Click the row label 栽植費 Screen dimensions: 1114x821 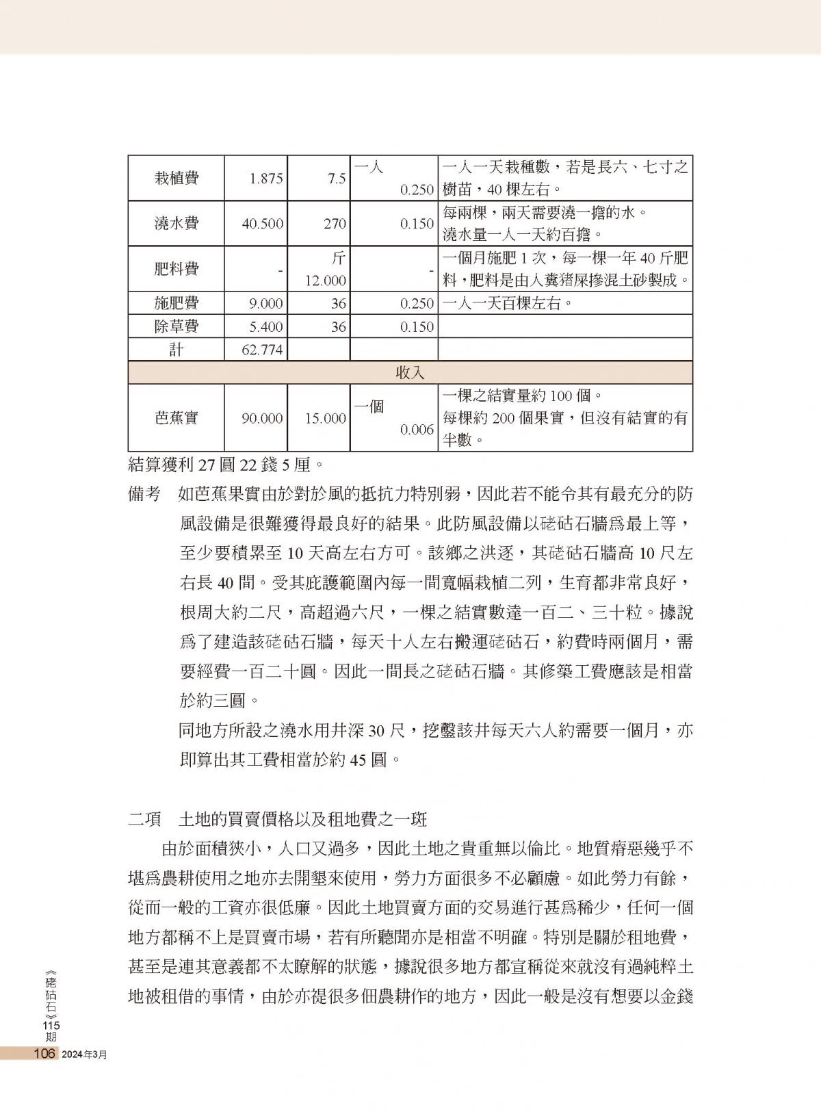(x=176, y=179)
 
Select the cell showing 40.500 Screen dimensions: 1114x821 (x=262, y=224)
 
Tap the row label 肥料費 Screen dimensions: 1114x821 (x=176, y=269)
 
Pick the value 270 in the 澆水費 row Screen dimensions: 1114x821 (x=335, y=224)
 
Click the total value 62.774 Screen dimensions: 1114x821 (x=262, y=350)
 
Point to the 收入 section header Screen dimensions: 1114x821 (x=410, y=373)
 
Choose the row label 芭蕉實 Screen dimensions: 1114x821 (x=176, y=418)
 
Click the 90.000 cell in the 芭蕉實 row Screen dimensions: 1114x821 (x=262, y=418)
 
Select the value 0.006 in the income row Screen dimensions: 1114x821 (x=417, y=430)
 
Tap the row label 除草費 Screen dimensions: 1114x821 (x=176, y=326)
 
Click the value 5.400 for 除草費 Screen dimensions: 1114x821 (x=266, y=327)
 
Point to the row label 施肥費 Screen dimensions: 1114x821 (x=176, y=303)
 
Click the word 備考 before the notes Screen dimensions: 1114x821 (x=144, y=494)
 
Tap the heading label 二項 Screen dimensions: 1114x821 (x=144, y=819)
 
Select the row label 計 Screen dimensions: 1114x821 (x=176, y=350)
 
